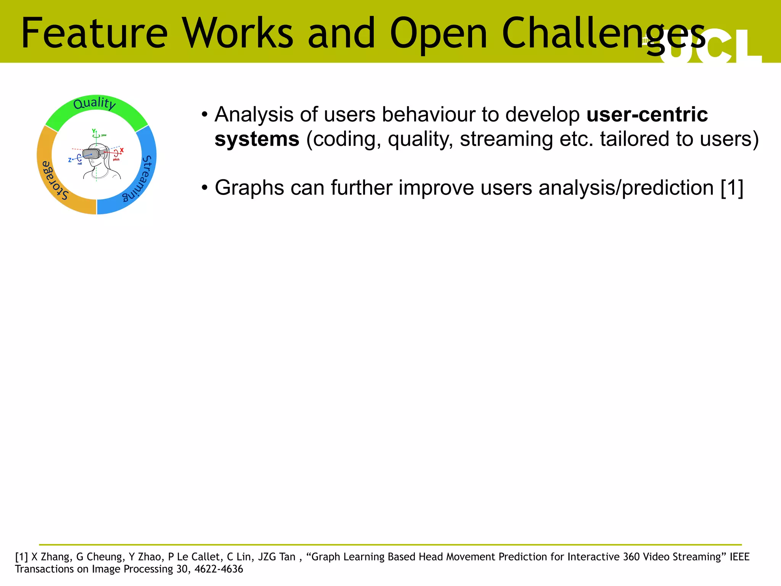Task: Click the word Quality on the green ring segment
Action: tap(94, 103)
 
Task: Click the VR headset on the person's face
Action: tap(92, 154)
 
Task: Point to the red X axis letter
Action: tap(122, 150)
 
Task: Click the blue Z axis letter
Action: tap(70, 160)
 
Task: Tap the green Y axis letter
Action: tap(94, 131)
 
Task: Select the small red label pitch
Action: tap(116, 159)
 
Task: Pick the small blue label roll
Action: tap(80, 164)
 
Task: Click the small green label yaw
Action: tap(104, 135)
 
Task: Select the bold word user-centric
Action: tap(647, 114)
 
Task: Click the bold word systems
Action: tap(257, 139)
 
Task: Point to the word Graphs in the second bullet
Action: tap(249, 188)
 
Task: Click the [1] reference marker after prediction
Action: tap(732, 188)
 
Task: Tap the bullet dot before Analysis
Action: tap(205, 114)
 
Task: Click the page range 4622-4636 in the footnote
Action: tap(219, 569)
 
